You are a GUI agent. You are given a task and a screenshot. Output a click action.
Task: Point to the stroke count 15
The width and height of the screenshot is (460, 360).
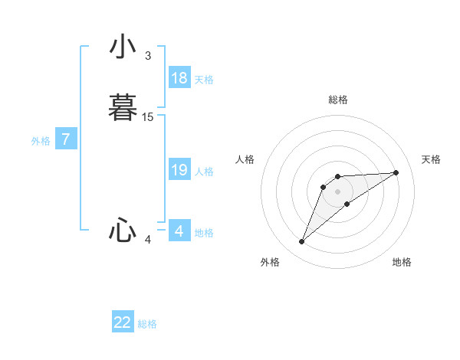[148, 117]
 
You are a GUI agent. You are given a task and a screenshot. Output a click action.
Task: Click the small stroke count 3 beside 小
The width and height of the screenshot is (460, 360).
[147, 56]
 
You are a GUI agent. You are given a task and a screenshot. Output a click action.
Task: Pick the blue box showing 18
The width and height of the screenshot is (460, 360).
[179, 77]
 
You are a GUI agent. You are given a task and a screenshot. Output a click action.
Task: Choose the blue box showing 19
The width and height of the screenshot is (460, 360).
[179, 170]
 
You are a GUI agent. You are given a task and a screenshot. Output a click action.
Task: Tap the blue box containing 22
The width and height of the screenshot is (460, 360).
[123, 322]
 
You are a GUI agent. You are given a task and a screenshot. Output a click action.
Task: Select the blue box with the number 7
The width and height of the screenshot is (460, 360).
[66, 139]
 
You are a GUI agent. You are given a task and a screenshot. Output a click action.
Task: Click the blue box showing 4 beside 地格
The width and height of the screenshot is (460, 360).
[179, 231]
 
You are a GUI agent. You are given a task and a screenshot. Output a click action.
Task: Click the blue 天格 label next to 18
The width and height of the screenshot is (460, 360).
[204, 80]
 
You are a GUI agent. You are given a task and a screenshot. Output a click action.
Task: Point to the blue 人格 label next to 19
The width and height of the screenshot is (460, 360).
[204, 172]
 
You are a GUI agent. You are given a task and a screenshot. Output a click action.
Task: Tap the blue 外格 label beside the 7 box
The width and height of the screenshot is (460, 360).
[41, 141]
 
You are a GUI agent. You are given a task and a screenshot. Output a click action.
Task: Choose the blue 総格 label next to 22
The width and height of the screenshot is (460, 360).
[147, 324]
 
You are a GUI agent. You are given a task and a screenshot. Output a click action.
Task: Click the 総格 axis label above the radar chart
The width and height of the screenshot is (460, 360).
[338, 100]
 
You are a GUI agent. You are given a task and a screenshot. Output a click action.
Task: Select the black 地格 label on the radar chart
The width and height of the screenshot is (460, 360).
[402, 263]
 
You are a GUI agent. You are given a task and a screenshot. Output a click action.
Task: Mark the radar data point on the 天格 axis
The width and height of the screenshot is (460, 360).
[396, 172]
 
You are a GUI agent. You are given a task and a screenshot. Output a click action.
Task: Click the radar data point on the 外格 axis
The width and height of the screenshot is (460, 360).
[302, 242]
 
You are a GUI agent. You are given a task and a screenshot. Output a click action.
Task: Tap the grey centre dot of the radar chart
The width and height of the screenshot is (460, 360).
[338, 191]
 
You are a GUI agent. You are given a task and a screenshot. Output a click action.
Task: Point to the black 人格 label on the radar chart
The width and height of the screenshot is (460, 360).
[245, 159]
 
